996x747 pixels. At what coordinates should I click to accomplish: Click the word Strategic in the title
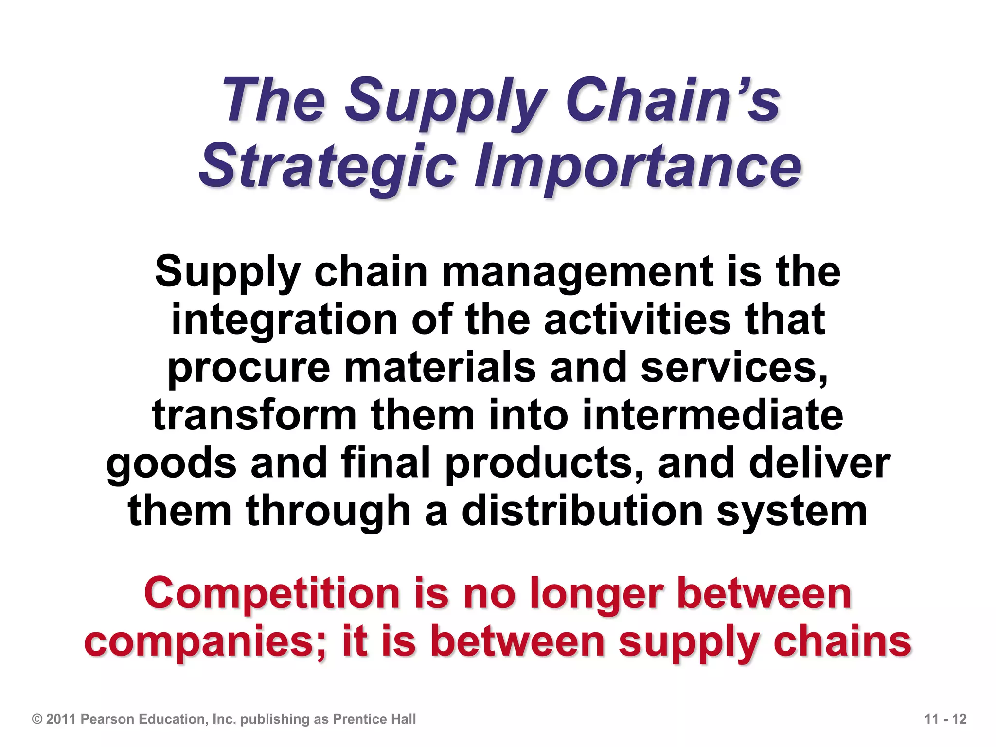[x=327, y=166]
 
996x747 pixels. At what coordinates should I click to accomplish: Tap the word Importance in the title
[x=638, y=166]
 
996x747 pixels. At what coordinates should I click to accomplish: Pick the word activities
[x=637, y=320]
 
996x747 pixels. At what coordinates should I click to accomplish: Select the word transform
[x=254, y=415]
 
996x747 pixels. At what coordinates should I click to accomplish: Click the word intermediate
[x=712, y=415]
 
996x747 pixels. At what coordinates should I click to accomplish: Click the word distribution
[x=582, y=511]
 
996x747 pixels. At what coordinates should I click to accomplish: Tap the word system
[x=792, y=512]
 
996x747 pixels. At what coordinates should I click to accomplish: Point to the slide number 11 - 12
[x=945, y=719]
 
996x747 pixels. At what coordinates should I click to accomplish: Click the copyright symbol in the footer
[x=37, y=719]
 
